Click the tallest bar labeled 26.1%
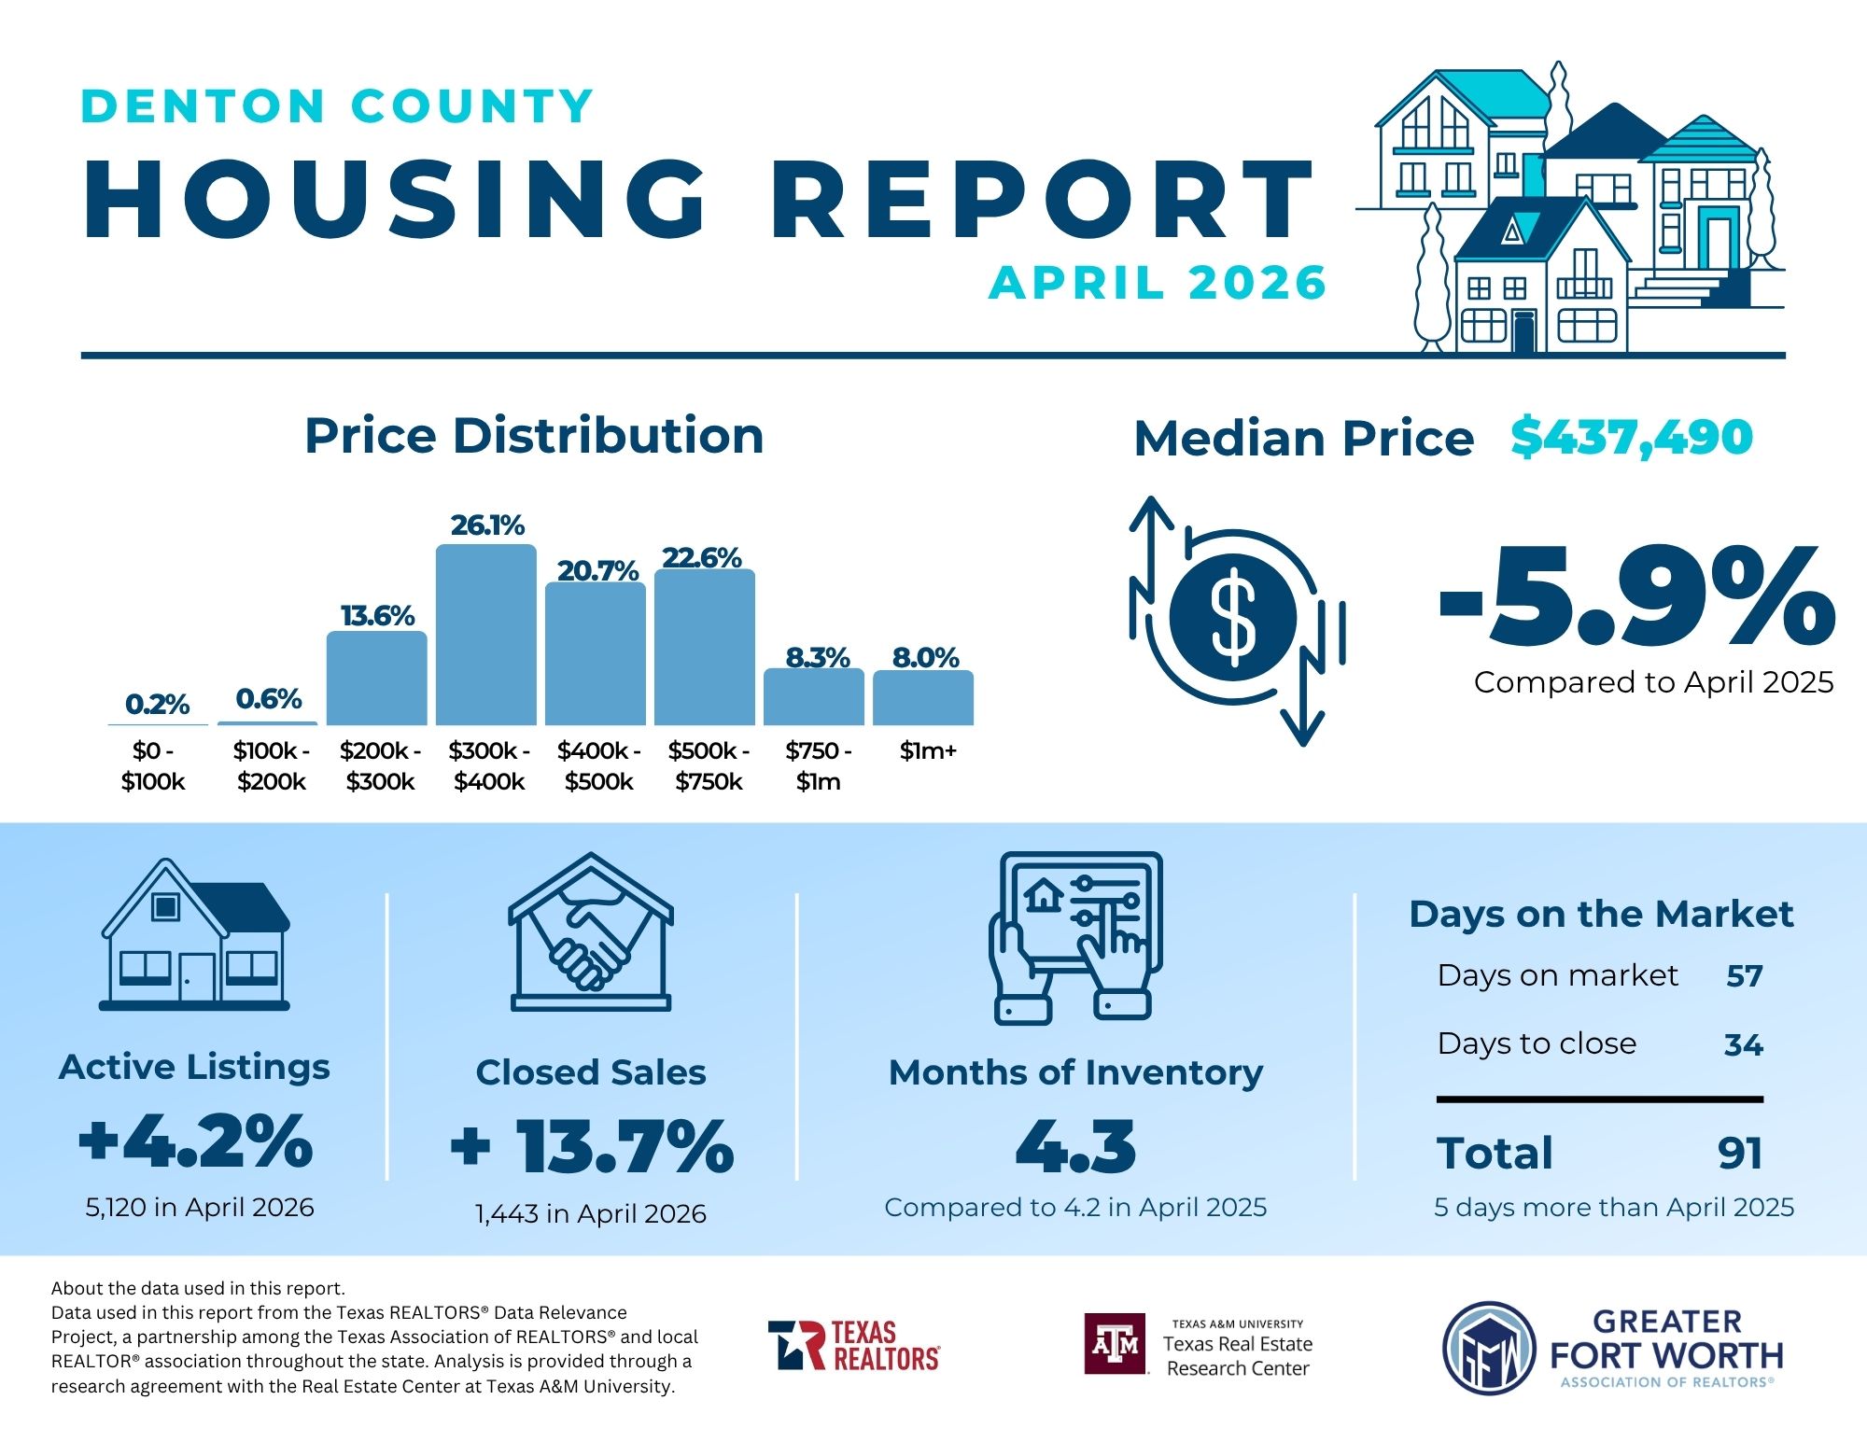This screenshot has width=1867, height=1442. point(486,635)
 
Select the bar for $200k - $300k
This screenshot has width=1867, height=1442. point(377,679)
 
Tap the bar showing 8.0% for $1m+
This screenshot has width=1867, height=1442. point(923,697)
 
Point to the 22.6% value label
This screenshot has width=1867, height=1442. point(702,558)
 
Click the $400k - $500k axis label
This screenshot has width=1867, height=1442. point(598,766)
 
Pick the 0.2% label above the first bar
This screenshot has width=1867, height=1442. point(157,705)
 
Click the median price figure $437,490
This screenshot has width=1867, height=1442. point(1632,438)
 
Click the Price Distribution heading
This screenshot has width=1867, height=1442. point(534,436)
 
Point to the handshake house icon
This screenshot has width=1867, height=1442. point(591,931)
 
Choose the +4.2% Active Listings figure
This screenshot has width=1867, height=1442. point(195,1141)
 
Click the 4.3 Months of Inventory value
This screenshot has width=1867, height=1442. point(1076,1146)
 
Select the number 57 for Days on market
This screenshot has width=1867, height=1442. point(1744,976)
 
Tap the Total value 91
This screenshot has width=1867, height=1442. point(1740,1154)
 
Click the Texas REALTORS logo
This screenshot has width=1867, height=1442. point(854,1345)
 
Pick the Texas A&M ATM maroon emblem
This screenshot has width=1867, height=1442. point(1115,1344)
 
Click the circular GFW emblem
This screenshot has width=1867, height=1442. point(1489,1349)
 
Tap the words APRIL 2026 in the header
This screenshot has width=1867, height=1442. point(1158,283)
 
